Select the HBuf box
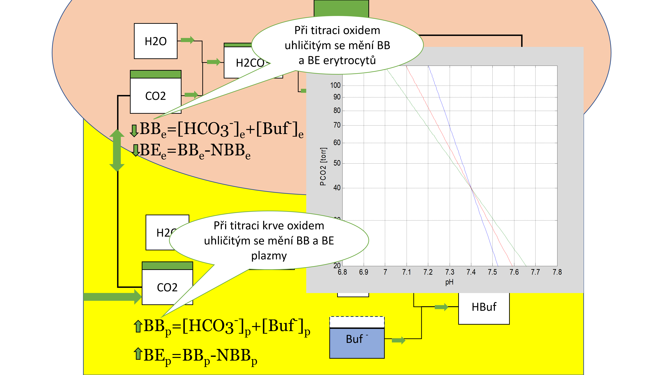pos(484,307)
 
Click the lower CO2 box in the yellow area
pos(167,287)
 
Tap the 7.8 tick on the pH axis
pos(557,272)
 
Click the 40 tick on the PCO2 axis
pos(337,188)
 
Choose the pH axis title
pos(449,282)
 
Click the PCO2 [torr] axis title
pos(323,166)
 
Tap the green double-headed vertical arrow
pos(117,150)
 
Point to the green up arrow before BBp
pos(138,326)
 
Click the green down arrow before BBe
pos(134,130)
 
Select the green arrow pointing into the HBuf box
pos(441,307)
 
